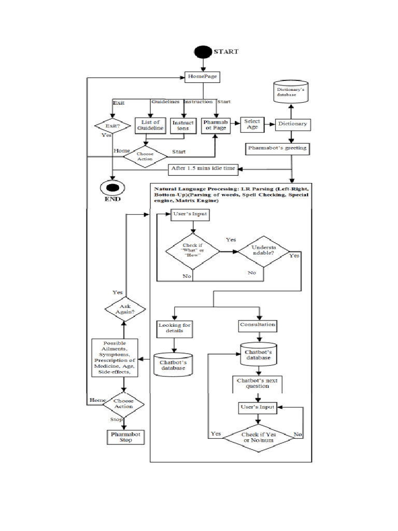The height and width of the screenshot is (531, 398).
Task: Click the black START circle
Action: pyautogui.click(x=203, y=52)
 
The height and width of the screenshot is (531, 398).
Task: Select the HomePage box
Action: pyautogui.click(x=203, y=77)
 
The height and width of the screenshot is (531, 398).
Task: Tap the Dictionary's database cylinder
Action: pyautogui.click(x=291, y=92)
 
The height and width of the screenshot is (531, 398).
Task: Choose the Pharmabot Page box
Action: pyautogui.click(x=215, y=125)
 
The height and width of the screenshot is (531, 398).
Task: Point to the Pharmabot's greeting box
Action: pyautogui.click(x=277, y=148)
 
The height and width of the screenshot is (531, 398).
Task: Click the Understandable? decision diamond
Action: pyautogui.click(x=264, y=251)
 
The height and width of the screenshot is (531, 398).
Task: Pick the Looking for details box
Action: pyautogui.click(x=174, y=328)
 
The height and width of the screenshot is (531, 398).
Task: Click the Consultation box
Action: pyautogui.click(x=258, y=325)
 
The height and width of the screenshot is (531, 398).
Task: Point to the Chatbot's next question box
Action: pyautogui.click(x=257, y=383)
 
